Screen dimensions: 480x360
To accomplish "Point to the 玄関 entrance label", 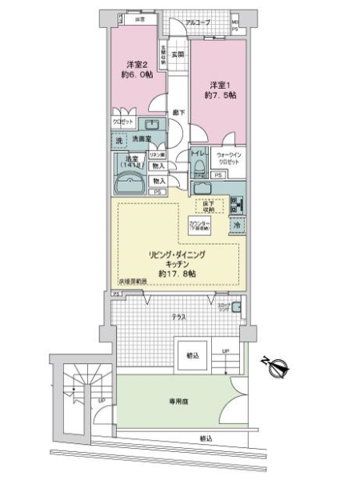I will [177, 54].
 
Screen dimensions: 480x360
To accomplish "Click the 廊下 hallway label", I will [177, 112].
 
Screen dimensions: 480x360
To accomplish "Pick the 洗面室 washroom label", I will [142, 139].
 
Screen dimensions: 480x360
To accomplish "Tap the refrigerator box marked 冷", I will [236, 226].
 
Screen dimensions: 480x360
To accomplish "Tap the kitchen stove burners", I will [234, 202].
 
